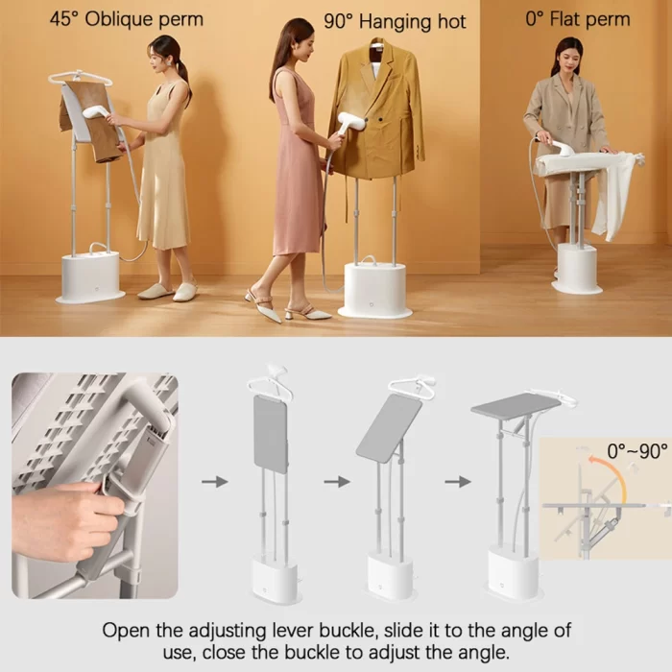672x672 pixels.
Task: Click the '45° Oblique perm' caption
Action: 127,20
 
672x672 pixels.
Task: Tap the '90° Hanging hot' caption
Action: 395,21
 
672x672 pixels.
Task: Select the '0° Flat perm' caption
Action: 578,19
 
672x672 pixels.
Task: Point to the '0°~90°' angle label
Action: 637,451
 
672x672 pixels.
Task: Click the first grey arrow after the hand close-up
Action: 215,481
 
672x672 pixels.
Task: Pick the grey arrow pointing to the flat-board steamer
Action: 458,481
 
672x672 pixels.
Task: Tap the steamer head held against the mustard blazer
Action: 351,123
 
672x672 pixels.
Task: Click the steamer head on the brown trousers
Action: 97,112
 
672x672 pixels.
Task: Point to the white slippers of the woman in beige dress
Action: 168,292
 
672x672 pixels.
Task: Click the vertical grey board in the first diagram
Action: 271,434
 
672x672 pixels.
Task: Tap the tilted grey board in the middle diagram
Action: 389,428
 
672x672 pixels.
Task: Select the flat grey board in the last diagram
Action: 516,403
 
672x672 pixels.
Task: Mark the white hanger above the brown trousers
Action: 80,78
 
